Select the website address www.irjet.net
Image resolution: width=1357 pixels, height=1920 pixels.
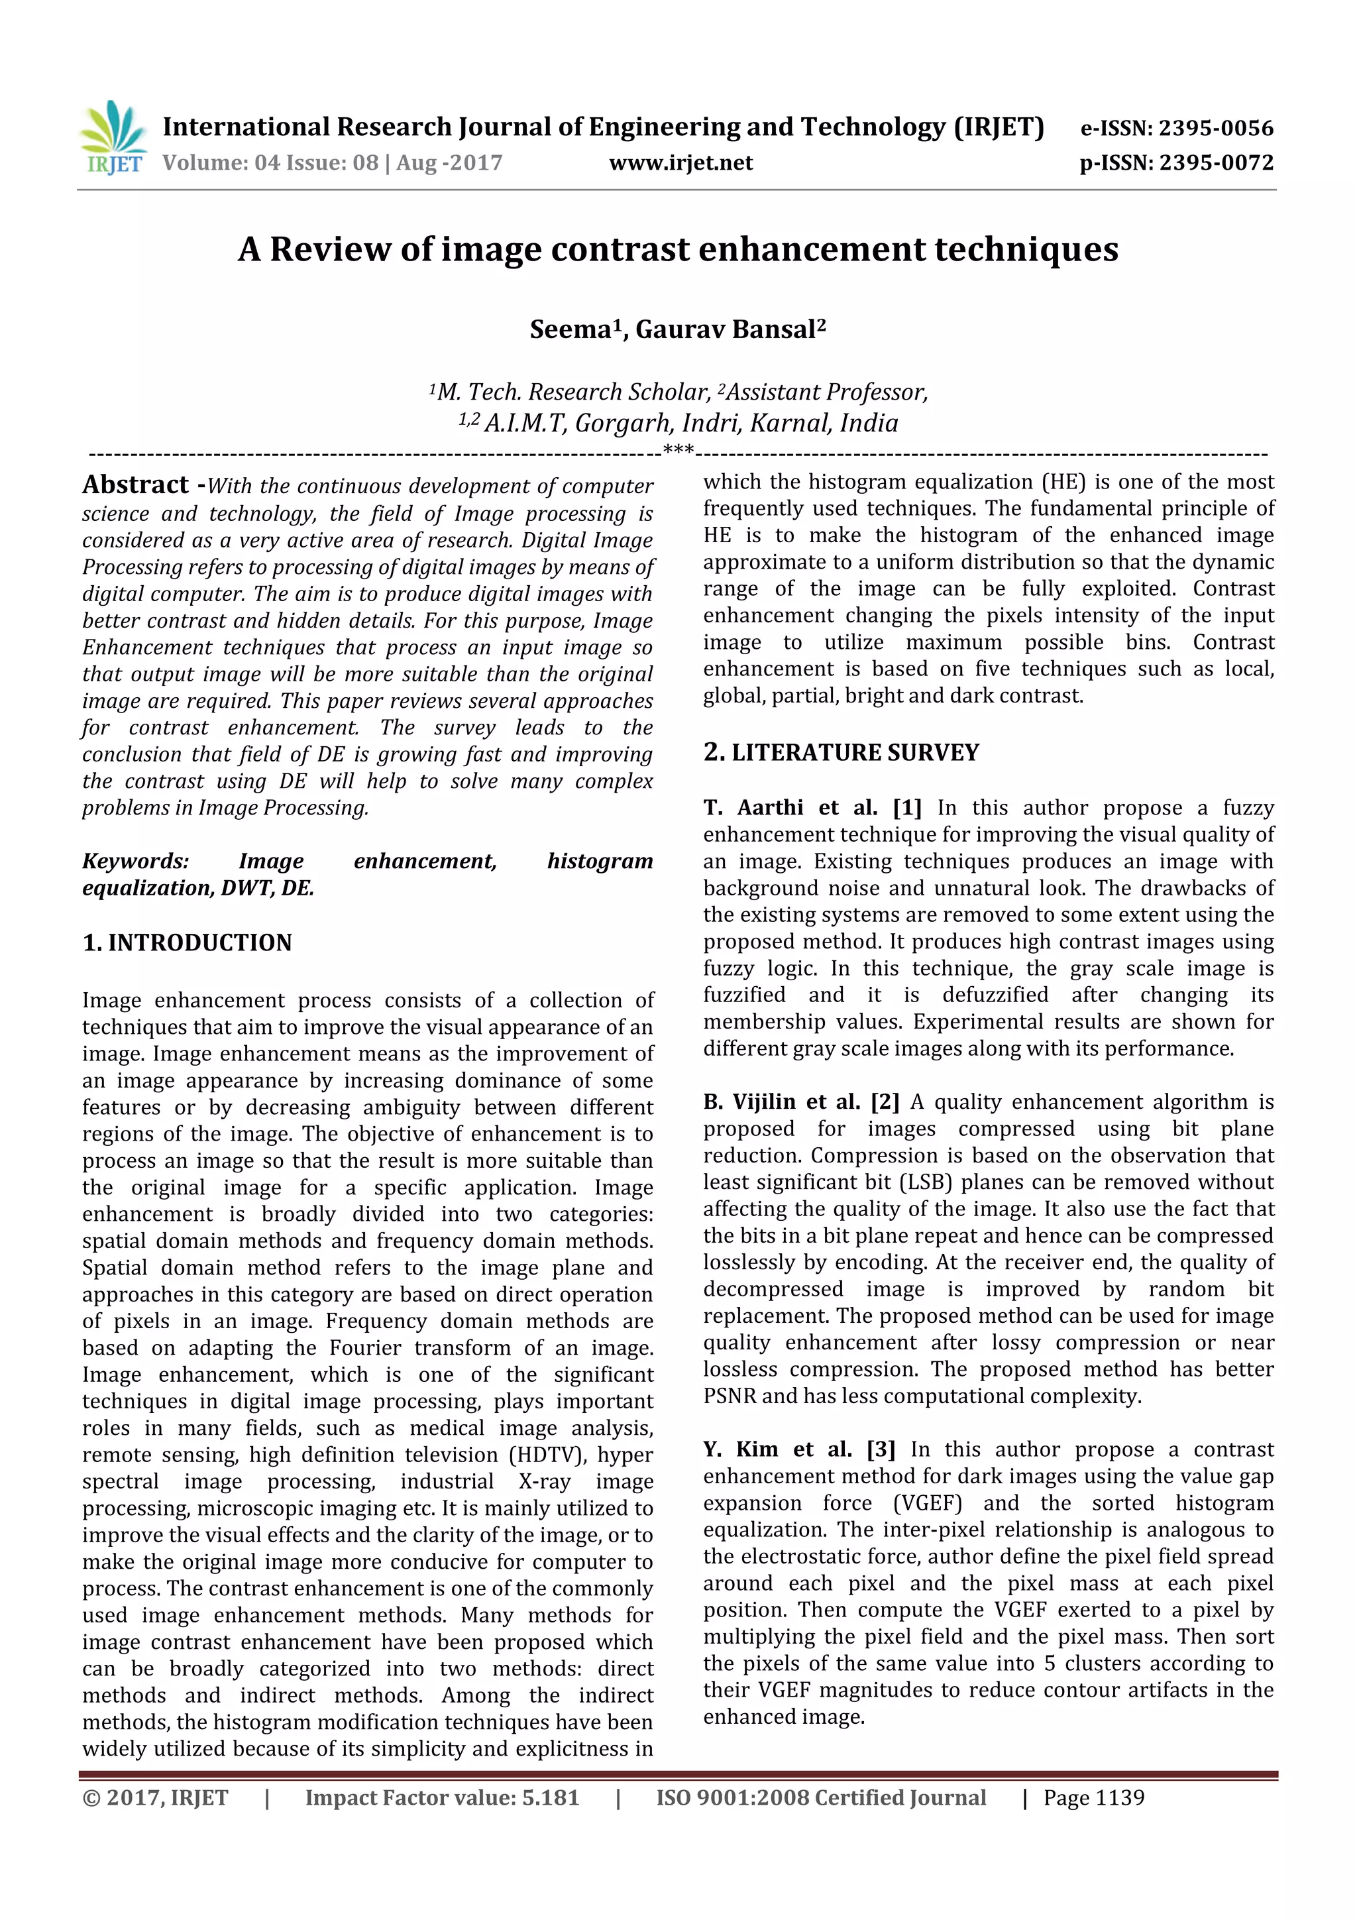(680, 163)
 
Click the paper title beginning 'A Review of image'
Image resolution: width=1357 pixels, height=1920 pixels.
(678, 249)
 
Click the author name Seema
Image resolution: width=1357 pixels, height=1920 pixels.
(571, 329)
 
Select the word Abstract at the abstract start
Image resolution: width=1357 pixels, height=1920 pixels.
(135, 484)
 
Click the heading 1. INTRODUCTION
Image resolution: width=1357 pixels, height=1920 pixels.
(188, 942)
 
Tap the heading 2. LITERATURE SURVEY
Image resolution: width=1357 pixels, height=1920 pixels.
(840, 753)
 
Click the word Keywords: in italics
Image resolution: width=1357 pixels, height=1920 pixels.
(135, 862)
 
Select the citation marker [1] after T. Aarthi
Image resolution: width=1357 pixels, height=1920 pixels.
(907, 808)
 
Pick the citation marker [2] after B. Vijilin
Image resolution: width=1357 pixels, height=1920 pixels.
(885, 1102)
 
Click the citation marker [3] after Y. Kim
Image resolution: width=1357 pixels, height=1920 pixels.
(881, 1449)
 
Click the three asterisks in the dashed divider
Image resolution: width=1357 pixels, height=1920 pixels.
(678, 451)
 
